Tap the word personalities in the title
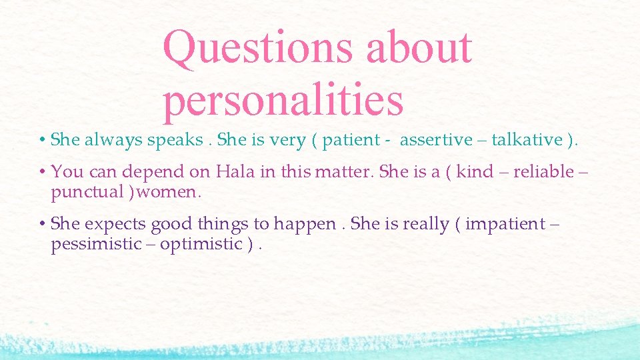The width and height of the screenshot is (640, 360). tap(283, 99)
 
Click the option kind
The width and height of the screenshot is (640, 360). tap(475, 172)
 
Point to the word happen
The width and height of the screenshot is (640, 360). tap(311, 224)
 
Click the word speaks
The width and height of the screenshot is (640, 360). tap(175, 140)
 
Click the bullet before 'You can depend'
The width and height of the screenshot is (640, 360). tap(41, 172)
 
